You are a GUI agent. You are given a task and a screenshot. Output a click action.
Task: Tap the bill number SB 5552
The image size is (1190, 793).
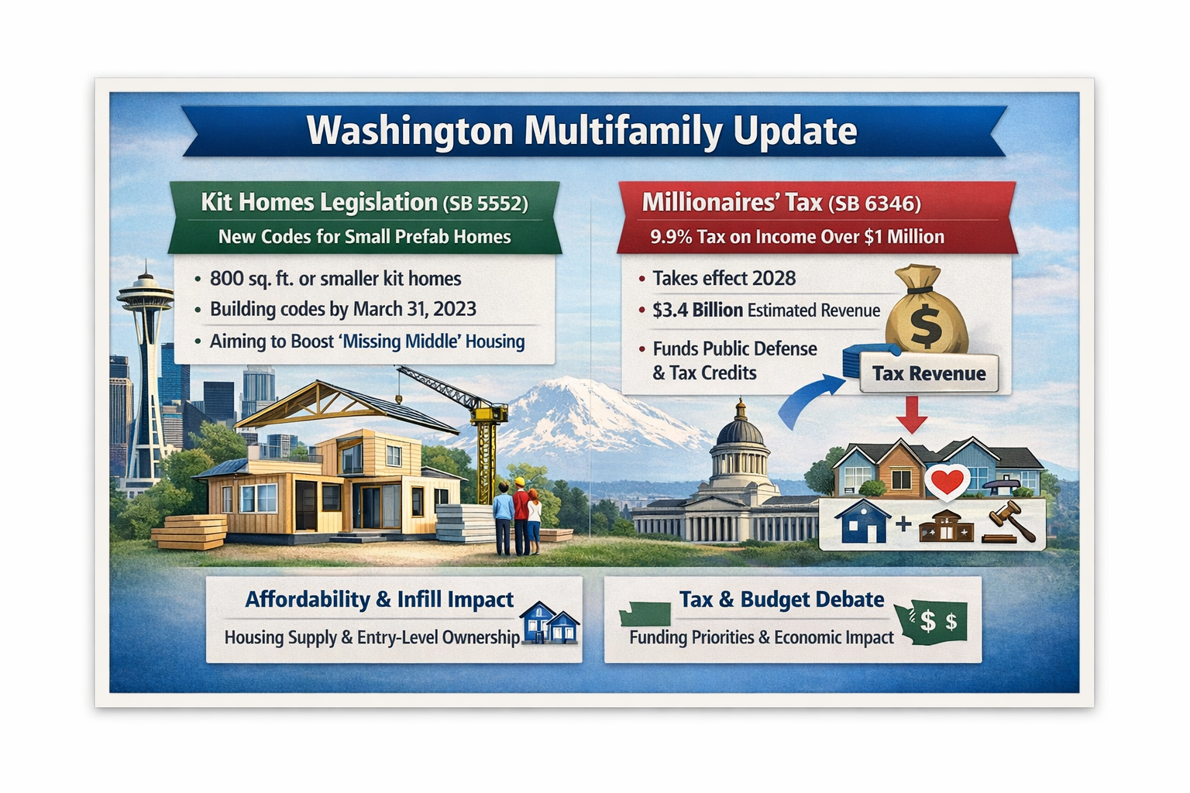point(486,204)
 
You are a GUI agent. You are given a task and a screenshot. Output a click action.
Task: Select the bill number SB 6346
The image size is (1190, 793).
point(875,204)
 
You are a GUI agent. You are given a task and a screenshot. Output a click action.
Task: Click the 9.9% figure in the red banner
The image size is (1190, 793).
point(671,237)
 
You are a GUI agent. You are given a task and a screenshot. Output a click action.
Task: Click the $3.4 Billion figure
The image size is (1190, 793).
point(697,310)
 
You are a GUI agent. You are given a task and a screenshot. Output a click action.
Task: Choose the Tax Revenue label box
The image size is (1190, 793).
point(928,373)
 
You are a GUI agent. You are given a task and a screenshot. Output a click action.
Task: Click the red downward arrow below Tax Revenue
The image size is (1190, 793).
point(912,414)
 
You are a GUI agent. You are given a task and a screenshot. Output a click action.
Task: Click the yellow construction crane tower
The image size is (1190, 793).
point(487,457)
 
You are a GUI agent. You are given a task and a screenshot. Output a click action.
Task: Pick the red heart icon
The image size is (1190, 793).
point(946,482)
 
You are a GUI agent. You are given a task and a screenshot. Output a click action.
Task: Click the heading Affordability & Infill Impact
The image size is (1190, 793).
point(379,599)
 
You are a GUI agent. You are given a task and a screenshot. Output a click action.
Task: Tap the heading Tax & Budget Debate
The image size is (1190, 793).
point(781,599)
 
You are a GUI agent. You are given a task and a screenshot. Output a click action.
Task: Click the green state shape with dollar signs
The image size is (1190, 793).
point(932,621)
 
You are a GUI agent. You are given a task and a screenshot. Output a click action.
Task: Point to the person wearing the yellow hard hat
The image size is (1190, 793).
point(520,515)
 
